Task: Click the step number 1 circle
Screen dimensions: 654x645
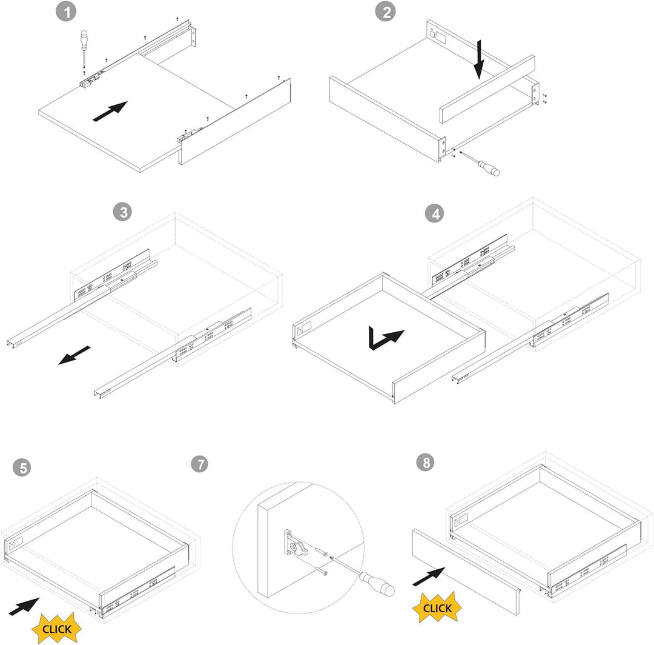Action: [66, 12]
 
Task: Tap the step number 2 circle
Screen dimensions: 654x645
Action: [386, 12]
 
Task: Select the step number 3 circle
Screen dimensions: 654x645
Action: [122, 212]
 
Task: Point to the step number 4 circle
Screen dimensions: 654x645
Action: [435, 214]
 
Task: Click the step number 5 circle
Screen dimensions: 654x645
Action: [22, 467]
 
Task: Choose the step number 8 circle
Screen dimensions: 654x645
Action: [426, 463]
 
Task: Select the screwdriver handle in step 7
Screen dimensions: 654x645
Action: [377, 584]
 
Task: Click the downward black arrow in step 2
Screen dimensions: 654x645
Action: [479, 59]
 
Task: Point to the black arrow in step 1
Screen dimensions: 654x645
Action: [110, 112]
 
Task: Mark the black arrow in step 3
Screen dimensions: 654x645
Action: [74, 355]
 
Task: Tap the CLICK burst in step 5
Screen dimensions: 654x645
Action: [57, 628]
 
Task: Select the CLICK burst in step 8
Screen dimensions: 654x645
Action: [437, 607]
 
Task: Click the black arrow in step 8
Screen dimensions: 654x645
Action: [429, 576]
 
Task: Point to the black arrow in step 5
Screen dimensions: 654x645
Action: [24, 607]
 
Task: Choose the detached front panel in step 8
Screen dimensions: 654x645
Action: [466, 572]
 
